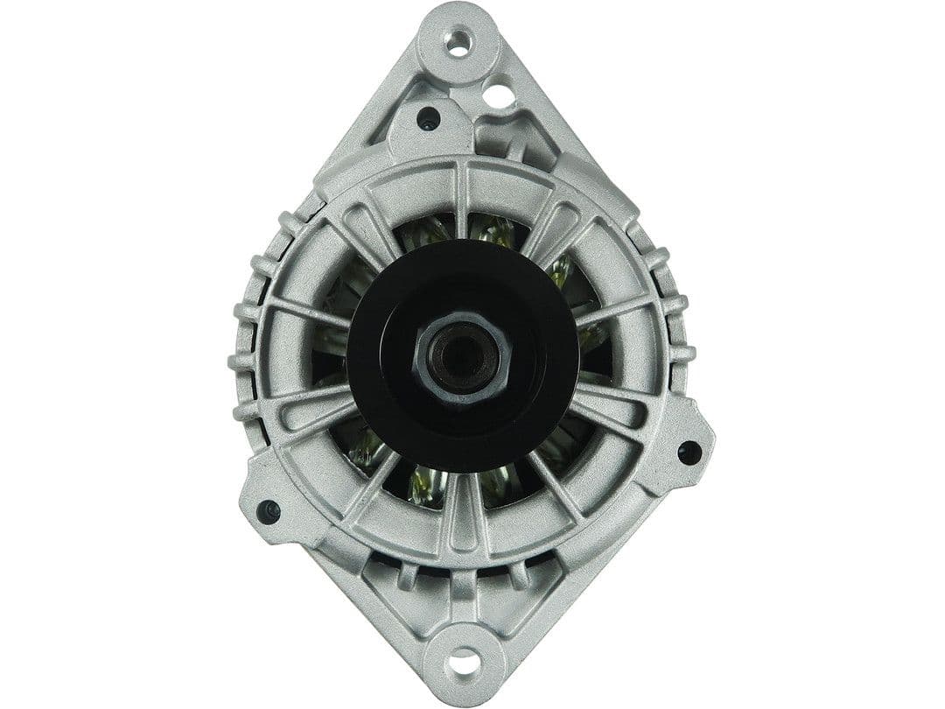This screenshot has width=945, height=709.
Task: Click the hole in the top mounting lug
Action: coord(458,40)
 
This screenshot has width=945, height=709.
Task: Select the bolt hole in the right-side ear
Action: coord(689,452)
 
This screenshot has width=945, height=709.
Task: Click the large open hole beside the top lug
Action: coord(499,95)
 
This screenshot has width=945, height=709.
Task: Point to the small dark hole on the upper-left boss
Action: coord(428,118)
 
